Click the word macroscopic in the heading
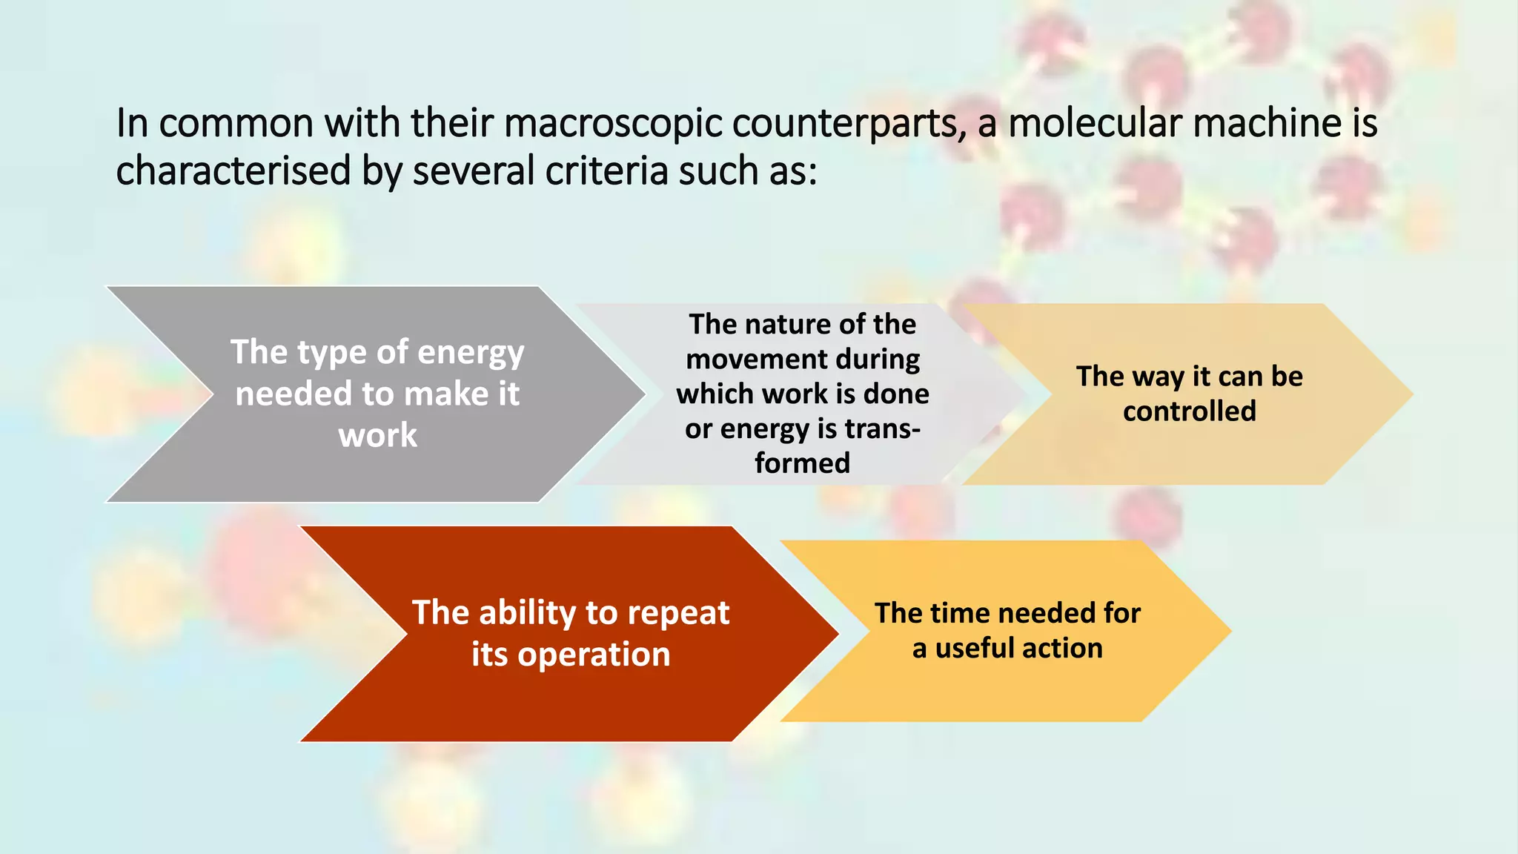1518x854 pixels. [x=613, y=124]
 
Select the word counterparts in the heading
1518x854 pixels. [x=849, y=124]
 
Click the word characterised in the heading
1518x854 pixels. [x=233, y=171]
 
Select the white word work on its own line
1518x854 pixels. [x=378, y=435]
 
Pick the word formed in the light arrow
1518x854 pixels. [x=803, y=463]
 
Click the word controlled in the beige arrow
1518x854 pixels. [x=1189, y=411]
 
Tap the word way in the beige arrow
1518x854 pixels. [x=1159, y=377]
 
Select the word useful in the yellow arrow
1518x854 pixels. [x=977, y=649]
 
